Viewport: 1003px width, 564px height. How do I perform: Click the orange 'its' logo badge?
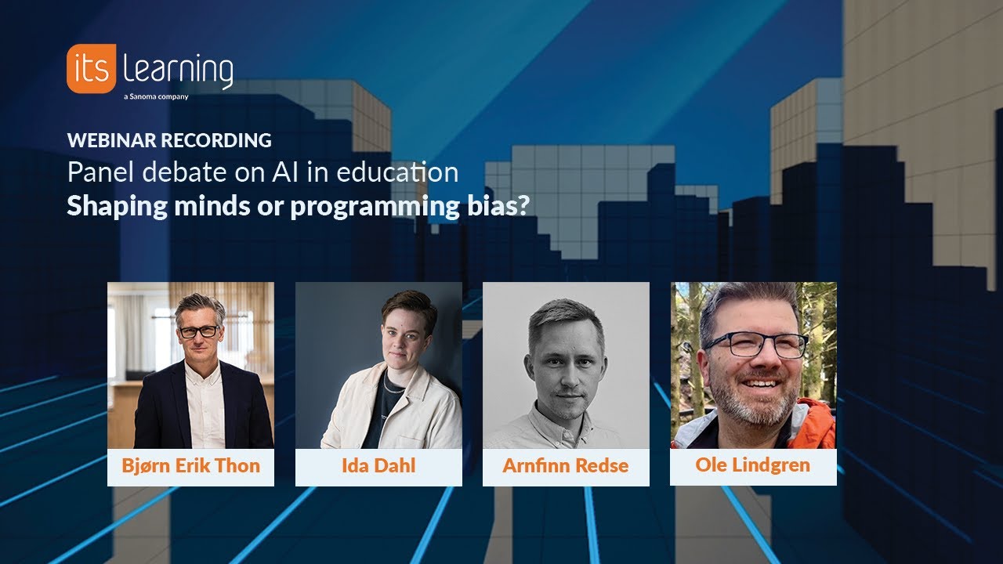point(91,69)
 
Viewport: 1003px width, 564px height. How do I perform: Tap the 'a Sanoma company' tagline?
point(156,97)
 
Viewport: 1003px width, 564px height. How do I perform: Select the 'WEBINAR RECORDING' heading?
point(169,140)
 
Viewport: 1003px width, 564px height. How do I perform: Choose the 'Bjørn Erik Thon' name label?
point(190,466)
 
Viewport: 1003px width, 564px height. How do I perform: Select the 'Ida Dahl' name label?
point(378,466)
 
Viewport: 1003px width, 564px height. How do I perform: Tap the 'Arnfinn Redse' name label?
point(566,466)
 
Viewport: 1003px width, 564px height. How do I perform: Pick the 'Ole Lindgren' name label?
point(753,465)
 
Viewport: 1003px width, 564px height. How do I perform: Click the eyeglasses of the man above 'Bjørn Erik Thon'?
point(199,331)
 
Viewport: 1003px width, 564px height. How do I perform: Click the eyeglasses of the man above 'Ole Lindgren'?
point(757,345)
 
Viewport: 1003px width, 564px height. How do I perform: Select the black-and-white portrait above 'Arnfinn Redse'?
point(566,365)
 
